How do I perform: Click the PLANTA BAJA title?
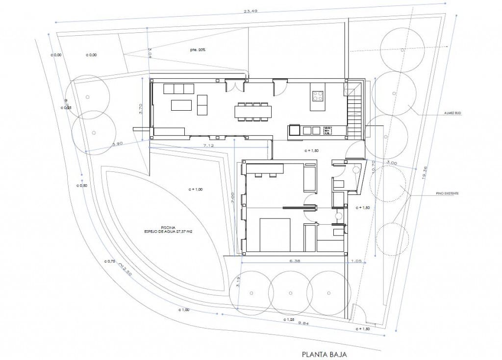click(324, 354)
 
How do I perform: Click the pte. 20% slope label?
click(198, 50)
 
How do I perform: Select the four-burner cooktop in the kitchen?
click(317, 96)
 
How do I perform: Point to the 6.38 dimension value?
click(295, 261)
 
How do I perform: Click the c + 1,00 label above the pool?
click(196, 189)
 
